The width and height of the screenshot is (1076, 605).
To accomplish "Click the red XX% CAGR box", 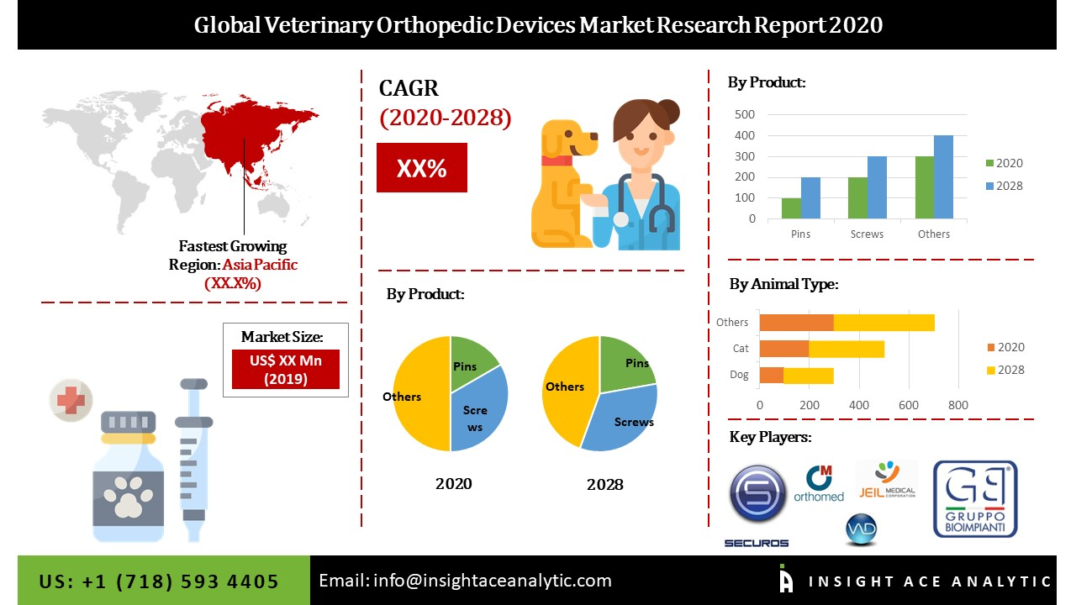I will click(421, 168).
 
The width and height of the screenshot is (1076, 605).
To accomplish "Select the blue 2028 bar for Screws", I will click(877, 187).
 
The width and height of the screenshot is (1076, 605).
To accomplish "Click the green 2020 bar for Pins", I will click(791, 208).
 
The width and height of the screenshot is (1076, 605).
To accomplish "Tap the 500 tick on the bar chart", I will click(745, 114).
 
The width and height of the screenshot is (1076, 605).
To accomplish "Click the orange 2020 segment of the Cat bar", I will click(783, 349).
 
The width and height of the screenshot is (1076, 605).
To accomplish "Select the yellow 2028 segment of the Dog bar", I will click(809, 375).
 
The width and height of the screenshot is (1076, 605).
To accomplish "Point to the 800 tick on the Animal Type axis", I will click(957, 405).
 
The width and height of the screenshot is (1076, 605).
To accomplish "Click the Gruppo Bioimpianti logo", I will click(974, 499).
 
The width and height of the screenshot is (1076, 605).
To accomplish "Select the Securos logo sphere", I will click(757, 494).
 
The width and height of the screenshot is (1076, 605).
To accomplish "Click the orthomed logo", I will click(819, 484).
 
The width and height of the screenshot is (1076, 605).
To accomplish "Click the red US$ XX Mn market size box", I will click(285, 369).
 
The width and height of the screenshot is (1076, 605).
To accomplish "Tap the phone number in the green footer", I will click(159, 581).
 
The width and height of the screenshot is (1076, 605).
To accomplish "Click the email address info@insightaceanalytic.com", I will click(465, 581).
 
